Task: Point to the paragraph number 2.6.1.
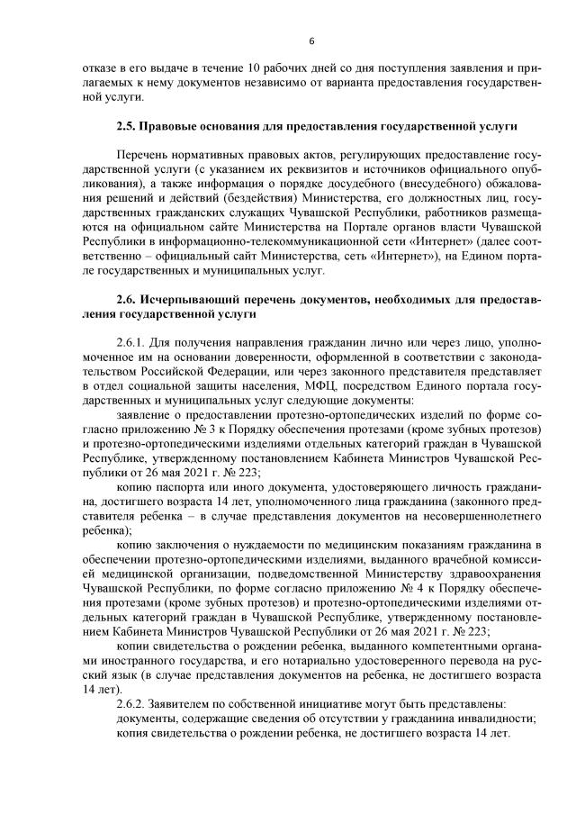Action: tap(132, 344)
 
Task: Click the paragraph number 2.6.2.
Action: tap(132, 701)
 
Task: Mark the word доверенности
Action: tap(199, 358)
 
